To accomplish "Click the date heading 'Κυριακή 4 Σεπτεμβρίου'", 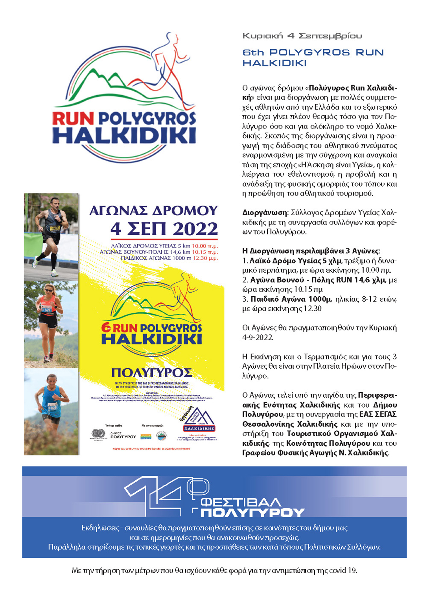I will pos(302,36).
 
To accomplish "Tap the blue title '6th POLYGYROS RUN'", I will pos(313,52).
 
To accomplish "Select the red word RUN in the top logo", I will pos(73,119).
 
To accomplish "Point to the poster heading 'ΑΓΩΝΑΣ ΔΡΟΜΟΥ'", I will pos(153,211).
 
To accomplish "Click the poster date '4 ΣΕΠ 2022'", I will pos(164,229).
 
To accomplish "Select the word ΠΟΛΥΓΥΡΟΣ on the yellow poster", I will pos(152,373).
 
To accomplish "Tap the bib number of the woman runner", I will pos(47,310).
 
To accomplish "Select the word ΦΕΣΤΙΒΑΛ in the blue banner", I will pos(240,503).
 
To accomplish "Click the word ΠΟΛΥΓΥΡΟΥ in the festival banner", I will pos(252,513).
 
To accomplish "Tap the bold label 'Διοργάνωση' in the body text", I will pos(265,213).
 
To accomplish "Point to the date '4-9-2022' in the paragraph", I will pos(257,337).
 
